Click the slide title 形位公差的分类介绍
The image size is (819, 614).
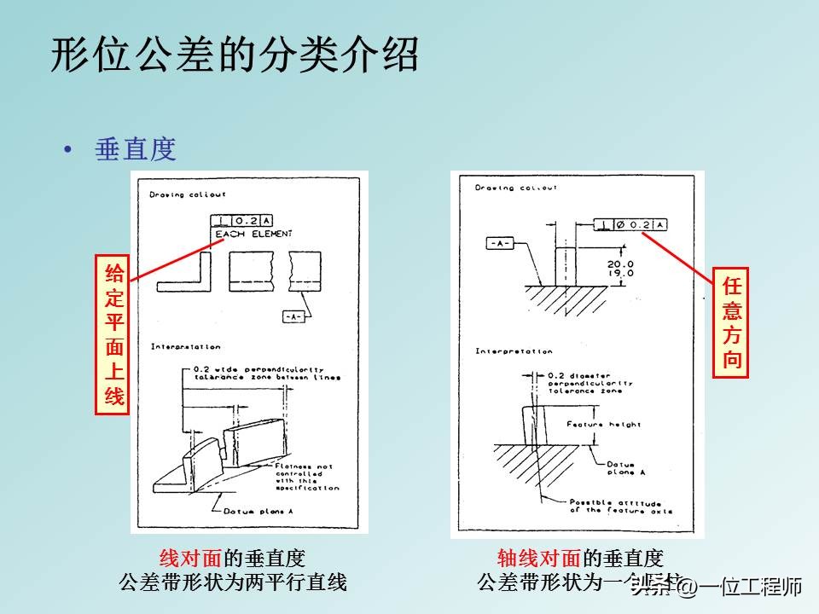click(x=235, y=56)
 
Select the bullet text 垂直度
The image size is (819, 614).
click(x=136, y=150)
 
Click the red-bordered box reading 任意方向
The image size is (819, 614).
click(x=731, y=321)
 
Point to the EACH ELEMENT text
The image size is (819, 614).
click(x=253, y=234)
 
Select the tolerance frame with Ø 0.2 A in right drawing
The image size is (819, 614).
click(x=631, y=224)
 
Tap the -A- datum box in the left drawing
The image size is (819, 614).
click(x=293, y=316)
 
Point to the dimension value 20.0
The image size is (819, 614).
click(x=620, y=264)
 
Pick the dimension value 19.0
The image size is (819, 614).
click(x=620, y=274)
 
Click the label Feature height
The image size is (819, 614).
click(x=607, y=424)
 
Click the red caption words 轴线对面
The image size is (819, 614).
click(x=539, y=559)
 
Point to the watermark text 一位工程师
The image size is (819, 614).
click(x=751, y=587)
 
